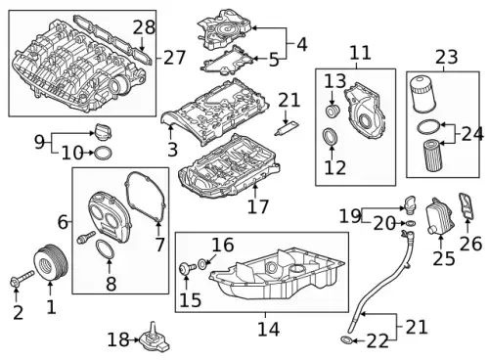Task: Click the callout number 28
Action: coord(144,27)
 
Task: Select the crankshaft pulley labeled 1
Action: coord(51,262)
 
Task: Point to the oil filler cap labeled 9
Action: coord(103,132)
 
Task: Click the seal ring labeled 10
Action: coord(104,153)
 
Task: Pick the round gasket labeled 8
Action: coord(105,249)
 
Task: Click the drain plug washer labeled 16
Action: coord(202,263)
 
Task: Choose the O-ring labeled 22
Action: coord(346,340)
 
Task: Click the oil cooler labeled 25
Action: coord(440,216)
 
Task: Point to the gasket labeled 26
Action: coord(467,206)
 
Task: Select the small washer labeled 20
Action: coord(411,223)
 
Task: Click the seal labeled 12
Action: coord(331,136)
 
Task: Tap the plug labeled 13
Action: coord(333,111)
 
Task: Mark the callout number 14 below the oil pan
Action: coord(269,330)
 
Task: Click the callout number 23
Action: coord(447,57)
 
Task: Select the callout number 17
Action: coord(258,206)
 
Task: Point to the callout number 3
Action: coord(172,149)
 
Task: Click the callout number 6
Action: coord(63,222)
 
